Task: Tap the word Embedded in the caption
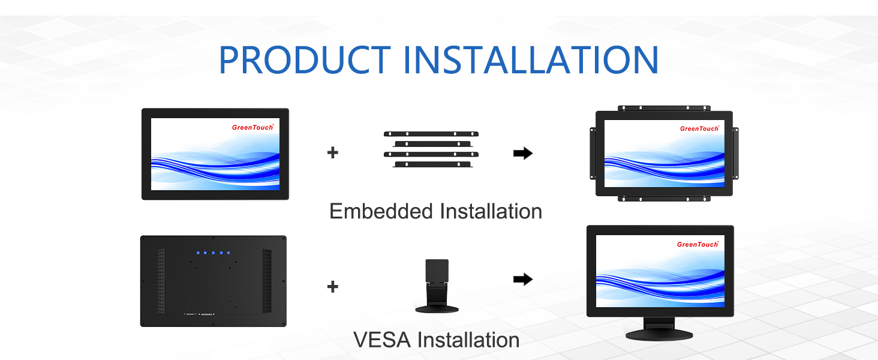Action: point(381,211)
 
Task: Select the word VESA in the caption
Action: point(382,340)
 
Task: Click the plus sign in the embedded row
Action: point(332,152)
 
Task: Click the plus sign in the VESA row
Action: point(332,287)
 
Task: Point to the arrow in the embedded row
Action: point(523,153)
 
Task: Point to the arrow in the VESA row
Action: point(523,279)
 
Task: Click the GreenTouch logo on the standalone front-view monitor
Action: point(252,127)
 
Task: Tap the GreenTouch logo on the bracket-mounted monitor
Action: point(699,128)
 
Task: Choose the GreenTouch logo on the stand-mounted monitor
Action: point(697,244)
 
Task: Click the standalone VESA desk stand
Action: point(437,286)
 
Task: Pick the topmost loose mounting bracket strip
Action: point(432,134)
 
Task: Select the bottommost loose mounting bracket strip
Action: point(432,164)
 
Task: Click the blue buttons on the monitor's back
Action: point(212,253)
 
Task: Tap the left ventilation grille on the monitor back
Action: point(160,280)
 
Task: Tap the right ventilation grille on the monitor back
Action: point(266,280)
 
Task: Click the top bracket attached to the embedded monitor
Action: point(664,108)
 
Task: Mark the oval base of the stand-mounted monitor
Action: point(659,334)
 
